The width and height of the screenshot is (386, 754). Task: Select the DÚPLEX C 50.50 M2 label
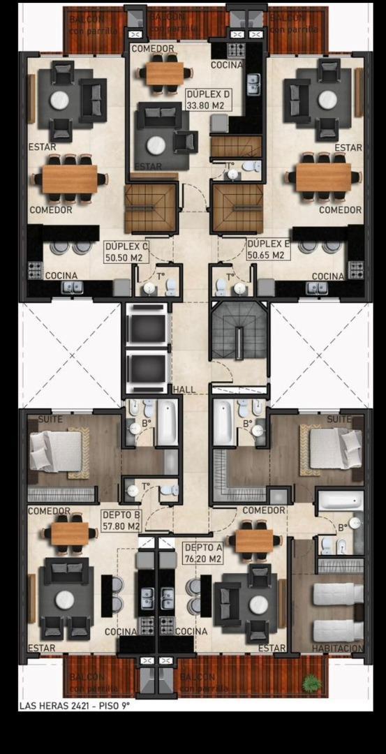[126, 251]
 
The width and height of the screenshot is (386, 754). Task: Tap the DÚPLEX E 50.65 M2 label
[269, 249]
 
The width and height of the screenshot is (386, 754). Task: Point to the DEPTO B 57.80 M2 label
[121, 521]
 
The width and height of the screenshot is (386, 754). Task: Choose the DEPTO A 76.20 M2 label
[202, 554]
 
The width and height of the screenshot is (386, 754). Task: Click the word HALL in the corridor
[185, 390]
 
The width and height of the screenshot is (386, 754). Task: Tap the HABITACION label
[338, 649]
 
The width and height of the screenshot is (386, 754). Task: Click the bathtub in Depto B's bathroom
[166, 422]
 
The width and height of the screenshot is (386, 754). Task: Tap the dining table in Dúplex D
[165, 73]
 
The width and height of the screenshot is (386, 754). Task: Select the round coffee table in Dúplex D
[156, 145]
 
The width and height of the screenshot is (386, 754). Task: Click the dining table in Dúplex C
[69, 178]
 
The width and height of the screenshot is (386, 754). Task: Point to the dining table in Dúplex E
[323, 177]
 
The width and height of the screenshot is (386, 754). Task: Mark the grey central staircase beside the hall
[239, 334]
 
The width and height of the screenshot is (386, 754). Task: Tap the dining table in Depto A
[253, 540]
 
